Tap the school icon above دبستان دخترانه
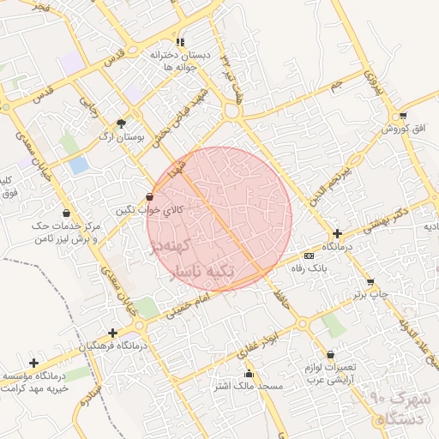[x=179, y=42]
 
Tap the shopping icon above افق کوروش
[x=403, y=116]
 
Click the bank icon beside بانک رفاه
[x=309, y=256]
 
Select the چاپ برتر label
[x=370, y=294]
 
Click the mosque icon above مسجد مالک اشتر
[x=250, y=373]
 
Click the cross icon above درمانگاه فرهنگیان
[x=112, y=333]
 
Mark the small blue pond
[x=79, y=165]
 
